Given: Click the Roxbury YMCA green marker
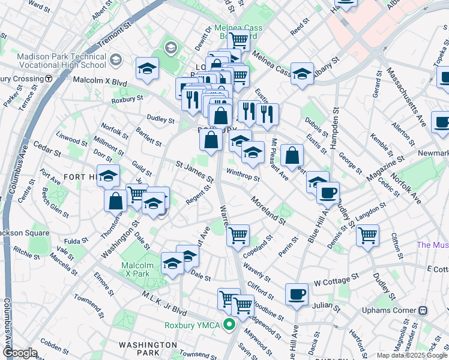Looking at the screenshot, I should point(229,325).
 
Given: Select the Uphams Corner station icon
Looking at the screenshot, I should point(423,310).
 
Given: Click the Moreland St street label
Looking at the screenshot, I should point(268,211).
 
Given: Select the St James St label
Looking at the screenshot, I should point(194,171).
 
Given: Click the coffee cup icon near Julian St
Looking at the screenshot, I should point(297,294).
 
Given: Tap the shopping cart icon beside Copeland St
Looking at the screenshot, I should point(238,235).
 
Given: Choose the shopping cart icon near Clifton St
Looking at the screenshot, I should point(367,235).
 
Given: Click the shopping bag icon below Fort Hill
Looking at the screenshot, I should point(115,200).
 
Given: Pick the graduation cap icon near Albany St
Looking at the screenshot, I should point(303,74).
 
